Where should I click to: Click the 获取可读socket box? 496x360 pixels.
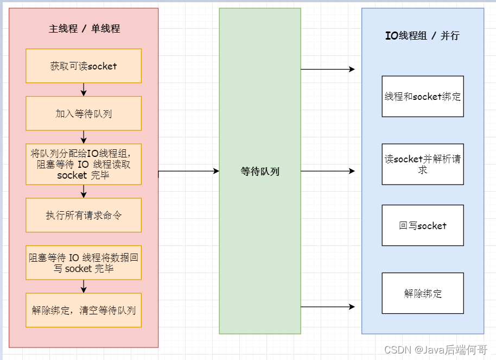tap(84, 66)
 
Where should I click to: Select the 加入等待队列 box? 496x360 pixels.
tap(84, 113)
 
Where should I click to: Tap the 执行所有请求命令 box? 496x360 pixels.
tap(84, 215)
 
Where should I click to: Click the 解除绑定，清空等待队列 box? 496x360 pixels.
tap(84, 311)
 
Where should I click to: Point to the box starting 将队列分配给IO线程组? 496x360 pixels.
tap(84, 164)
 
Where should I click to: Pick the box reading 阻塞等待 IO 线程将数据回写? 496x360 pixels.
tap(84, 263)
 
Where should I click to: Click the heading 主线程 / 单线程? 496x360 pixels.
tap(84, 29)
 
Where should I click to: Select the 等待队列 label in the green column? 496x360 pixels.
tap(260, 172)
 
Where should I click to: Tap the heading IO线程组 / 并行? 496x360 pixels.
tap(422, 36)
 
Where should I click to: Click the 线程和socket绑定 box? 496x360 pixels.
tap(423, 97)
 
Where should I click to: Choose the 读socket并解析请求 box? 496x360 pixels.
tap(423, 164)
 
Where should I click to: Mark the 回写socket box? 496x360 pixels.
tap(423, 225)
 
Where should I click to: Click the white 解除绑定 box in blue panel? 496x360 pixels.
tap(423, 293)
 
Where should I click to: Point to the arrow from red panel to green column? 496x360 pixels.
tap(189, 171)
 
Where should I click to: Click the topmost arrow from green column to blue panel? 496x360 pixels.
tap(328, 70)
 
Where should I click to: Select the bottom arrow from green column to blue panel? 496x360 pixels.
tap(328, 307)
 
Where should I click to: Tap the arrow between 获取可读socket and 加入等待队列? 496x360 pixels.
tap(84, 90)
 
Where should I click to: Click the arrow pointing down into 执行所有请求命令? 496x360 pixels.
tap(84, 191)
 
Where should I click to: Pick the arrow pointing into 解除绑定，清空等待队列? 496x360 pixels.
tap(84, 287)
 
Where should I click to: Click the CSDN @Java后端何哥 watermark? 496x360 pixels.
tap(436, 350)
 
